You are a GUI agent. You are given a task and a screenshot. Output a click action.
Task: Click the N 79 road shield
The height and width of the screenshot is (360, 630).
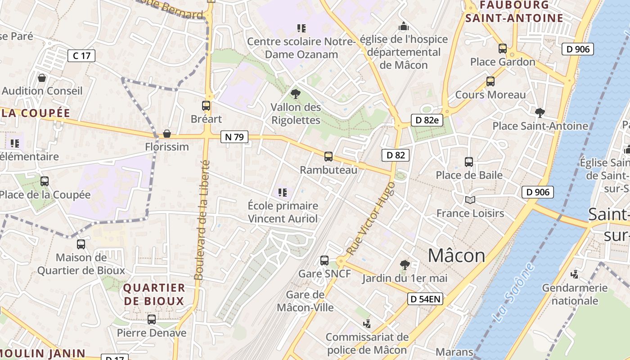(x=234, y=137)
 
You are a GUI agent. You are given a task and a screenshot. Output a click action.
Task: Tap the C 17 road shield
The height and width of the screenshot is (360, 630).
(x=81, y=56)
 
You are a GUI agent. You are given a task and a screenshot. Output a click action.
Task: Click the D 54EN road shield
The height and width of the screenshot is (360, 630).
(x=425, y=298)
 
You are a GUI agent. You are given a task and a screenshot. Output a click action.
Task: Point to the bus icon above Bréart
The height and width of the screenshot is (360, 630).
(x=206, y=106)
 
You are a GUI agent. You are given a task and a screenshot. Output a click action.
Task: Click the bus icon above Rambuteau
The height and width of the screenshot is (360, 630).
(x=328, y=157)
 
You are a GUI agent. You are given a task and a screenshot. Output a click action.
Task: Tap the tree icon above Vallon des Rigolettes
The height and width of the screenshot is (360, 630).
(x=296, y=94)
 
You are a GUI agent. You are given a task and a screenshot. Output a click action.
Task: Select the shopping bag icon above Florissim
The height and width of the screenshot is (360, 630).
(x=167, y=134)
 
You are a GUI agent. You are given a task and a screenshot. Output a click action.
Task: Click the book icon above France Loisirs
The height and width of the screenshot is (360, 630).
(x=470, y=200)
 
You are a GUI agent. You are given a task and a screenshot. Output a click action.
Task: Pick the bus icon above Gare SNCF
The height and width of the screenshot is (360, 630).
(x=324, y=261)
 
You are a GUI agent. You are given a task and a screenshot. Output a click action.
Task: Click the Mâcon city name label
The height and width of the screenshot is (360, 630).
(x=456, y=256)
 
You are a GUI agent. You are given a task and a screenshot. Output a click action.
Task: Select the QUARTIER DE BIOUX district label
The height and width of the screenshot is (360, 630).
(x=154, y=294)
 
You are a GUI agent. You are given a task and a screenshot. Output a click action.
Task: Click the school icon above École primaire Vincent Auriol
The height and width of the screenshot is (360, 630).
(x=283, y=193)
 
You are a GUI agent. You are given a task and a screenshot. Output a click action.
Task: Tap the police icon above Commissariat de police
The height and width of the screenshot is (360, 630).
(x=367, y=324)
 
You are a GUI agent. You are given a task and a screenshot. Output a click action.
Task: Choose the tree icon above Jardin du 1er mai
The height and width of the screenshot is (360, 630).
(x=405, y=265)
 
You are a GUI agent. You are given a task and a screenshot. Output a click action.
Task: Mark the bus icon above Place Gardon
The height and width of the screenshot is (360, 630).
(x=503, y=49)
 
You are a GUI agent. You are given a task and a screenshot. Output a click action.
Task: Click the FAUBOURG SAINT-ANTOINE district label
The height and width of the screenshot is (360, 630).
(x=514, y=12)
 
